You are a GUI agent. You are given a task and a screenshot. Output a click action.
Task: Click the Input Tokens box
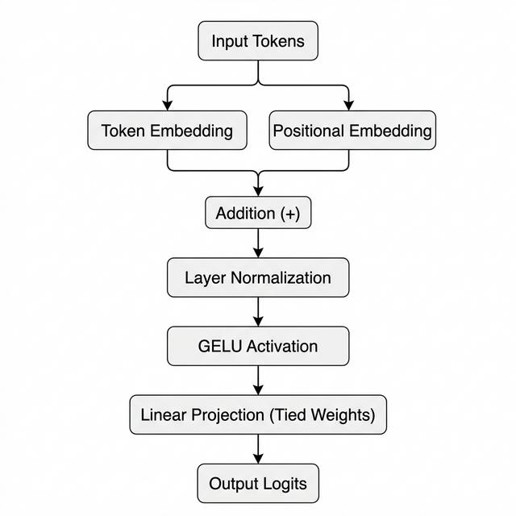[x=258, y=40]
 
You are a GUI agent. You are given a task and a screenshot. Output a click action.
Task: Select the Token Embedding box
[x=167, y=130]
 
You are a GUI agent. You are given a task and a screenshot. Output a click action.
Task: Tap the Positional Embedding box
[x=352, y=130]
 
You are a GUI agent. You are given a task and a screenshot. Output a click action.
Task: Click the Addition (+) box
[x=258, y=214]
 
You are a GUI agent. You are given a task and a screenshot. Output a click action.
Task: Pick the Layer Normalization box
[x=258, y=278]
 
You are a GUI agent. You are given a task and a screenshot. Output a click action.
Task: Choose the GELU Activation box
[x=258, y=347]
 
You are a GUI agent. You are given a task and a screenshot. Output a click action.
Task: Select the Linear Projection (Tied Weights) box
[x=258, y=415]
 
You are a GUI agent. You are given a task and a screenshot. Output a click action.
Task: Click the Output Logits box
[x=258, y=484]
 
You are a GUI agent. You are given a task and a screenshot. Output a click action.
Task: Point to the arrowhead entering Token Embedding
[x=167, y=105]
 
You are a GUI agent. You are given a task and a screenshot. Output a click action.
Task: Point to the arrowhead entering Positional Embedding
[x=349, y=105]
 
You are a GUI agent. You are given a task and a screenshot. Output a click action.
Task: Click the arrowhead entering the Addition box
[x=258, y=190]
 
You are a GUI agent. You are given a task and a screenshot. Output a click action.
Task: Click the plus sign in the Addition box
[x=289, y=214]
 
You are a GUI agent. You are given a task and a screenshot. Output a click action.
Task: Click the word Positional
[x=310, y=131]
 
